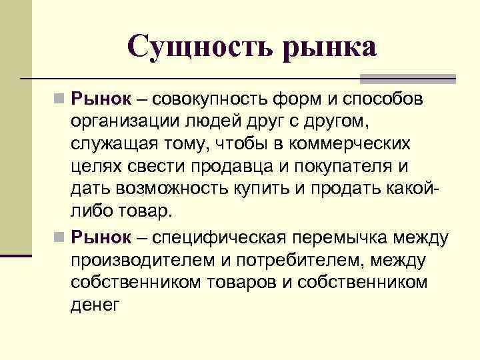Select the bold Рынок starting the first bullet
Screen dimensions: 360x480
click(101, 100)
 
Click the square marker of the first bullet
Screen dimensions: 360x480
click(59, 101)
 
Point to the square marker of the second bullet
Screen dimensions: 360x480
click(59, 237)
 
